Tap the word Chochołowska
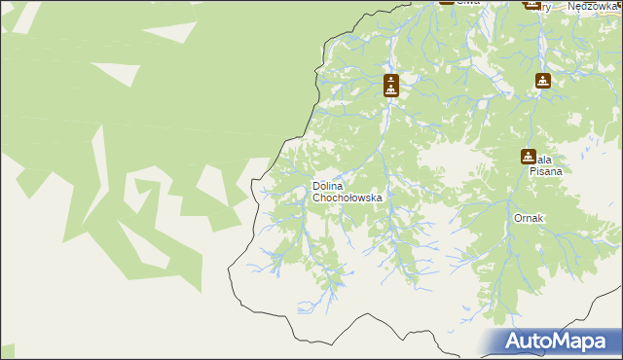[x=348, y=198]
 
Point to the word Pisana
[x=546, y=170]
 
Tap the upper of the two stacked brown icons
[x=390, y=80]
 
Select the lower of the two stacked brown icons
[x=390, y=90]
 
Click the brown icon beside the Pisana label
[x=528, y=156]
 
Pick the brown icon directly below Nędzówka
[x=543, y=82]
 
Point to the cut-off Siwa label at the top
[x=469, y=3]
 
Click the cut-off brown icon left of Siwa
[x=446, y=2]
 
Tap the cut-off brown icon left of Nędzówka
[x=531, y=3]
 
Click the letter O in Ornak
[x=519, y=219]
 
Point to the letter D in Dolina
[x=316, y=186]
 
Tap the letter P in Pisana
[x=531, y=170]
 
